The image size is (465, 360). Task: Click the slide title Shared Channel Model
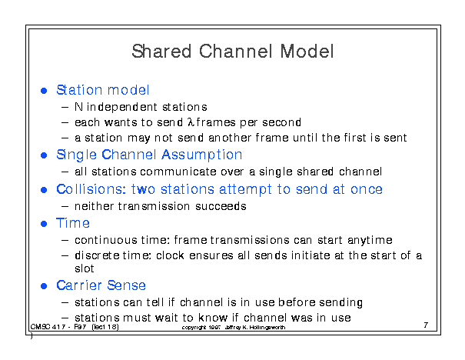pos(233,52)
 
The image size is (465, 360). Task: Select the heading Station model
pos(103,90)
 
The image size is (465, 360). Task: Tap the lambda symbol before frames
pos(191,122)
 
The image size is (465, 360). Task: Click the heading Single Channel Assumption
pos(149,155)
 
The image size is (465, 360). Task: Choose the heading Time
pos(73,223)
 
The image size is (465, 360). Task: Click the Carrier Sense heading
pos(101,285)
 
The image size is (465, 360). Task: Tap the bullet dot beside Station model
pos(44,91)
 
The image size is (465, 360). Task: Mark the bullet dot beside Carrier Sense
pos(44,286)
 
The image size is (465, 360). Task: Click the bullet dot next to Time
pos(44,224)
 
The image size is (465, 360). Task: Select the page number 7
pos(426,325)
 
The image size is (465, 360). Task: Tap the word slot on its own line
pos(85,268)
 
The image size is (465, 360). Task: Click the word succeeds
pos(221,206)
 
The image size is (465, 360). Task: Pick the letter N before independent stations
pos(78,107)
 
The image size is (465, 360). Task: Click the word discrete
pos(97,255)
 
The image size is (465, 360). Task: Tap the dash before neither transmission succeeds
pos(65,206)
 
